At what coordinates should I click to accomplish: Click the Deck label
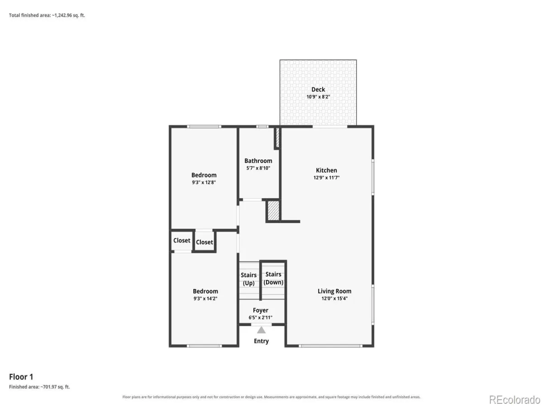tap(318, 90)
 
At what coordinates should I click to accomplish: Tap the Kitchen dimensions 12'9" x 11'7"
tap(326, 177)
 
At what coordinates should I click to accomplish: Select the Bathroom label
tap(258, 161)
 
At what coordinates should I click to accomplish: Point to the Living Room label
tap(334, 291)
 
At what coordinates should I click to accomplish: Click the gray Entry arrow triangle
tap(261, 330)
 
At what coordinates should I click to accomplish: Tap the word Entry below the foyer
tap(261, 341)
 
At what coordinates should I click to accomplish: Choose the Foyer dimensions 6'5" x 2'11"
tap(261, 317)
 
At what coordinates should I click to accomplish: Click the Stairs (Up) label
tap(248, 279)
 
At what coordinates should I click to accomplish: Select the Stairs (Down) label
tap(273, 278)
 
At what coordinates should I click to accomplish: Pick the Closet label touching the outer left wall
tap(182, 241)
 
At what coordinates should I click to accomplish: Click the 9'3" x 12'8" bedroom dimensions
tap(204, 182)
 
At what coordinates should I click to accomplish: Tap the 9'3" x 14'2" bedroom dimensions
tap(205, 298)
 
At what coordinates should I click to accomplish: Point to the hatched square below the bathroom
tap(273, 211)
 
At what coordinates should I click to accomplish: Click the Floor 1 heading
tap(21, 377)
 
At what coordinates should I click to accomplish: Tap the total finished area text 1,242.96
tap(63, 15)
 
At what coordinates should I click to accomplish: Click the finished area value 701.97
tap(50, 387)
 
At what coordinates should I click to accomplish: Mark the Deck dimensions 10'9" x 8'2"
tap(318, 97)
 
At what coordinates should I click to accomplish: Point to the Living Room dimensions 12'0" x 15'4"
tap(334, 298)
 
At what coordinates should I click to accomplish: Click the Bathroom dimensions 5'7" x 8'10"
tap(258, 168)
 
